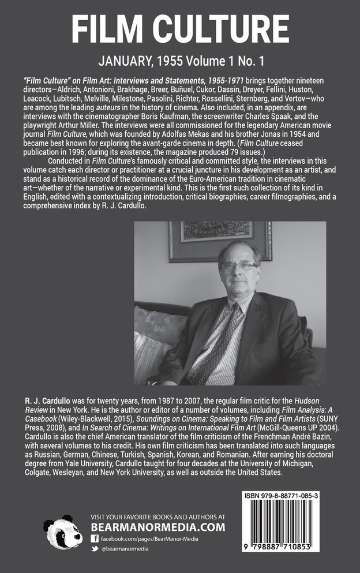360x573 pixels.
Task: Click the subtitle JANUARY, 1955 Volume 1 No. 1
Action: click(x=180, y=62)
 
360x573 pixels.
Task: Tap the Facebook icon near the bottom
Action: click(x=95, y=538)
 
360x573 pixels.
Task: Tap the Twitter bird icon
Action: click(x=95, y=549)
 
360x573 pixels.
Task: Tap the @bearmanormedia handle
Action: click(x=125, y=549)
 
